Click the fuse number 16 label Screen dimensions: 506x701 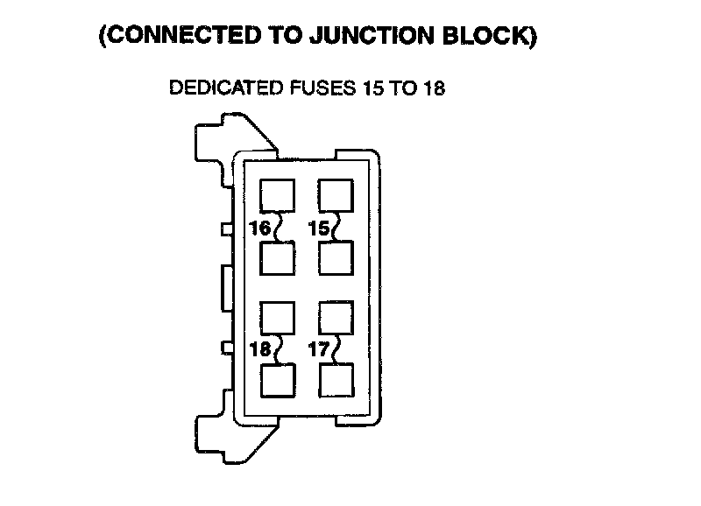pos(260,228)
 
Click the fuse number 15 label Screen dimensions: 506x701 pos(319,228)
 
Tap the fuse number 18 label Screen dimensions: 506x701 pos(260,349)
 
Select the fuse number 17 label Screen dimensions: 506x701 pos(319,349)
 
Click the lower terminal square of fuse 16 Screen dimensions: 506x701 pos(278,258)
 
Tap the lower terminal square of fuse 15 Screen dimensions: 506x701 pos(336,258)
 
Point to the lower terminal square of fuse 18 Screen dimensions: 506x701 pos(278,380)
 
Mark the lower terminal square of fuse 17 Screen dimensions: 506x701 pos(336,380)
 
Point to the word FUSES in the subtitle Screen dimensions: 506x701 pos(318,89)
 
